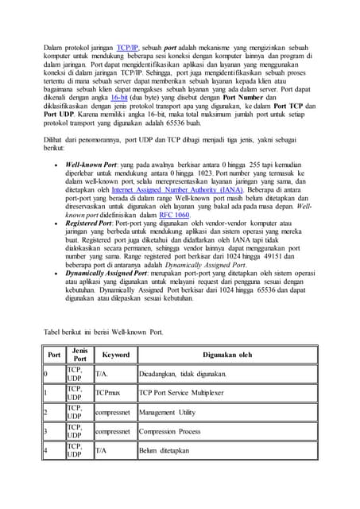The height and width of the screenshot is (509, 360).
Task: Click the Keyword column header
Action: [115, 355]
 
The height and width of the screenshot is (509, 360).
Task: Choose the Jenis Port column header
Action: [79, 355]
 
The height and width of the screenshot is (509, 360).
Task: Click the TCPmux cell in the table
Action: [107, 393]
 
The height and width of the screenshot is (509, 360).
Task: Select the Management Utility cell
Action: [167, 413]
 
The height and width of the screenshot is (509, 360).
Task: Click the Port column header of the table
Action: [54, 355]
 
